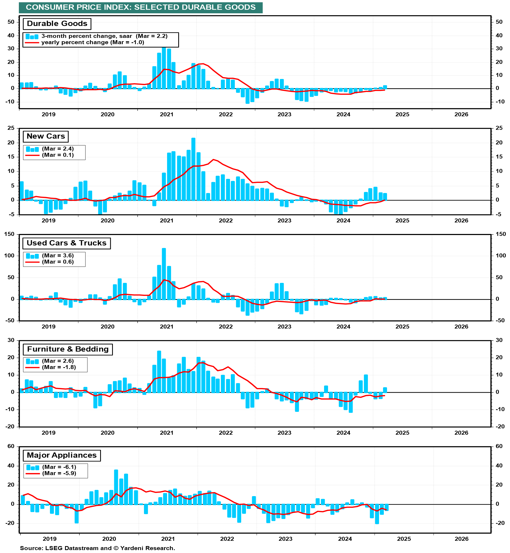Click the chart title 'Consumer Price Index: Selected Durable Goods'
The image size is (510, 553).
coord(141,7)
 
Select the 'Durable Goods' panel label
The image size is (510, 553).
coord(57,24)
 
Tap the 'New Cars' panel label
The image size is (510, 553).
coord(45,136)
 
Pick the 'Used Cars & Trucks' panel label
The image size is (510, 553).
coord(66,243)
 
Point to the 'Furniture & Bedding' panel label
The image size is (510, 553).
coord(68,349)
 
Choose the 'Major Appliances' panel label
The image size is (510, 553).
coord(62,455)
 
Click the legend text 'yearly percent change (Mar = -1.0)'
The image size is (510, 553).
coord(92,43)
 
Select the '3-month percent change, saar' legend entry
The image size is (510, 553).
coord(104,36)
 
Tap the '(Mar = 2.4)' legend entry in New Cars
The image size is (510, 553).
coord(58,149)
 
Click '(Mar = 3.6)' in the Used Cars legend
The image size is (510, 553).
coord(58,255)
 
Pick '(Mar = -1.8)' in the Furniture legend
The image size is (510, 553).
coord(59,367)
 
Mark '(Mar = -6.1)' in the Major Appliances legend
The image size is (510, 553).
coord(59,467)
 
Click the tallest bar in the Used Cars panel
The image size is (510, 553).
coord(164,274)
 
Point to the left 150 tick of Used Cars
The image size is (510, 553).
coord(9,234)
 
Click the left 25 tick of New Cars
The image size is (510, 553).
coord(11,128)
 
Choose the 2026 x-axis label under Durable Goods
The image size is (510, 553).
coord(461,115)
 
